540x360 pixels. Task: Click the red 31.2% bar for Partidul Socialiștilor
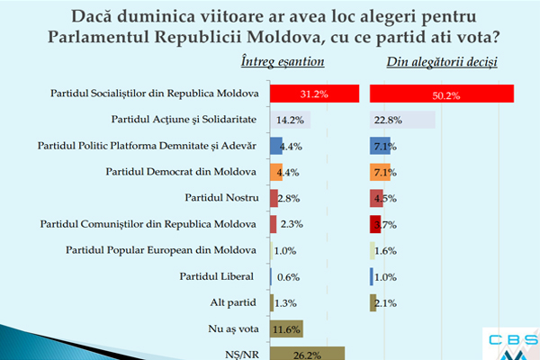[314, 94]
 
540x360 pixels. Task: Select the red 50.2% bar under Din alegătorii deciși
[441, 94]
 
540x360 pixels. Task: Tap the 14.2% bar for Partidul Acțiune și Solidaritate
[290, 120]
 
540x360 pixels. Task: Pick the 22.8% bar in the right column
[401, 120]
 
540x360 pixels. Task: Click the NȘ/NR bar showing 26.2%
[307, 355]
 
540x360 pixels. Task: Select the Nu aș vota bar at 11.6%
[286, 328]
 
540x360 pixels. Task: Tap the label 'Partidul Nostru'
[220, 197]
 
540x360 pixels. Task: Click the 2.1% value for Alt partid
[388, 303]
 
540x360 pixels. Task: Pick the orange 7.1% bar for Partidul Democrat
[380, 172]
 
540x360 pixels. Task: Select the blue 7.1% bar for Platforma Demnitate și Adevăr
[380, 146]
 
